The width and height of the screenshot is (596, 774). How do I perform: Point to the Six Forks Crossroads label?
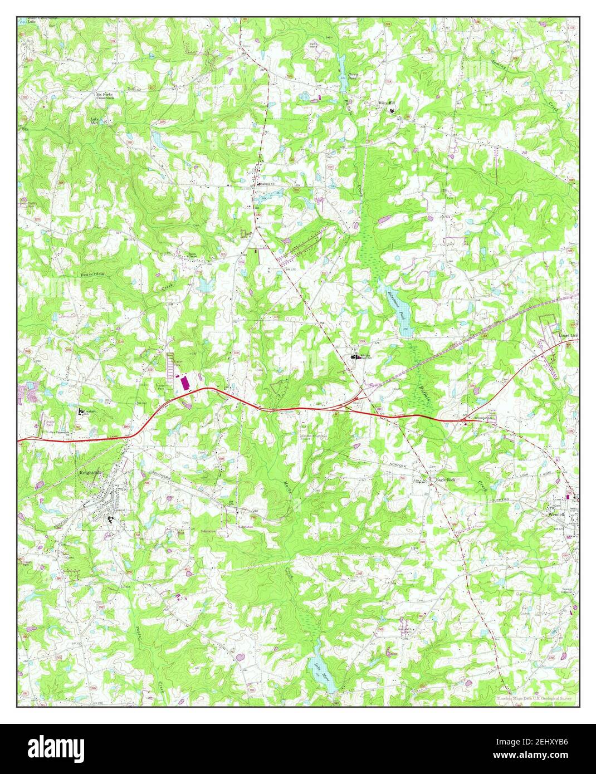pos(108,96)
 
